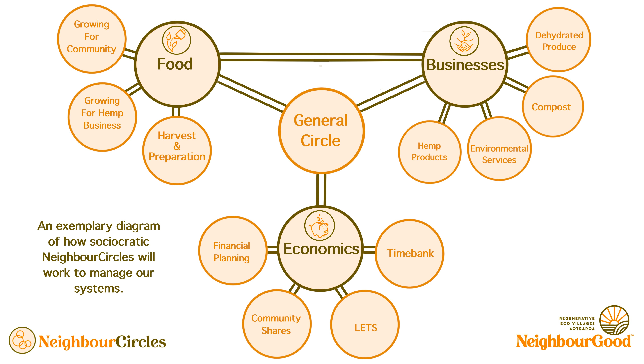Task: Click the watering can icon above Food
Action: click(176, 40)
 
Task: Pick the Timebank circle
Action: click(410, 254)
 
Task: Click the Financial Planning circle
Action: click(233, 251)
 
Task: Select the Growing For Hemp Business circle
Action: click(102, 117)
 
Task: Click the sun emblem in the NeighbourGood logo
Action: click(614, 320)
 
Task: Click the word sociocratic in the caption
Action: click(119, 242)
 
